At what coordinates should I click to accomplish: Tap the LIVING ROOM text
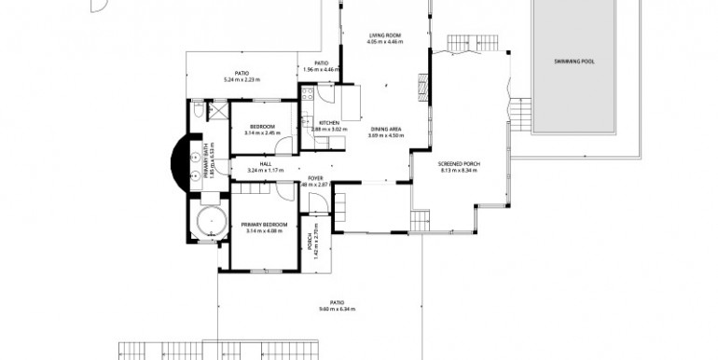click(x=384, y=36)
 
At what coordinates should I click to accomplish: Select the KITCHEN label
click(x=329, y=123)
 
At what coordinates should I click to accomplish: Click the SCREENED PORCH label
click(x=458, y=165)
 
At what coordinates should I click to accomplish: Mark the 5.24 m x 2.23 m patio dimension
click(x=241, y=80)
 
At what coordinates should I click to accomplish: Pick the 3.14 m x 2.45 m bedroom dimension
click(x=263, y=132)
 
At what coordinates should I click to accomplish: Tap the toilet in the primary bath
click(x=200, y=112)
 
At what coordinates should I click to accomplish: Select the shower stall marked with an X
click(x=220, y=113)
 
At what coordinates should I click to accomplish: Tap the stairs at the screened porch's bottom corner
click(x=421, y=221)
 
